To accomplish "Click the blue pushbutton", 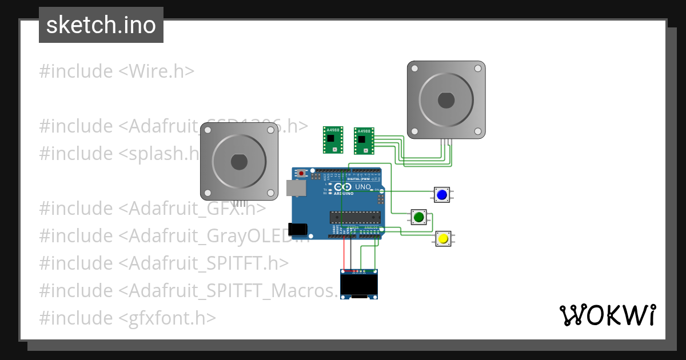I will [x=441, y=195].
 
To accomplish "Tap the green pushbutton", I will [x=418, y=217].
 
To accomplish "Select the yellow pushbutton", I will [x=442, y=239].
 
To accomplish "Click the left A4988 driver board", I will [x=332, y=139].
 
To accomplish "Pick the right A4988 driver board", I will [x=363, y=141].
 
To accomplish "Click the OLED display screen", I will [x=359, y=284].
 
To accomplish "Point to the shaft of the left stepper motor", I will [x=239, y=162].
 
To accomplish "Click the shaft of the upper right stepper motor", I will [x=446, y=101].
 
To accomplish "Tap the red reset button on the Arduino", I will [x=301, y=173].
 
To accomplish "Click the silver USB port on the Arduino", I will [x=296, y=188].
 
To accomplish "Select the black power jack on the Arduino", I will [x=298, y=229].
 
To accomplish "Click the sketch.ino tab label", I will [x=101, y=25].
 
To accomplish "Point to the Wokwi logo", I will [x=607, y=315].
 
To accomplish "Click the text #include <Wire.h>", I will [x=117, y=71].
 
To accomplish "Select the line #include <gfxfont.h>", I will [x=127, y=318].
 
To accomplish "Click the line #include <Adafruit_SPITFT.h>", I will [x=163, y=263].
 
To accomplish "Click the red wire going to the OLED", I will [x=344, y=251].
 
